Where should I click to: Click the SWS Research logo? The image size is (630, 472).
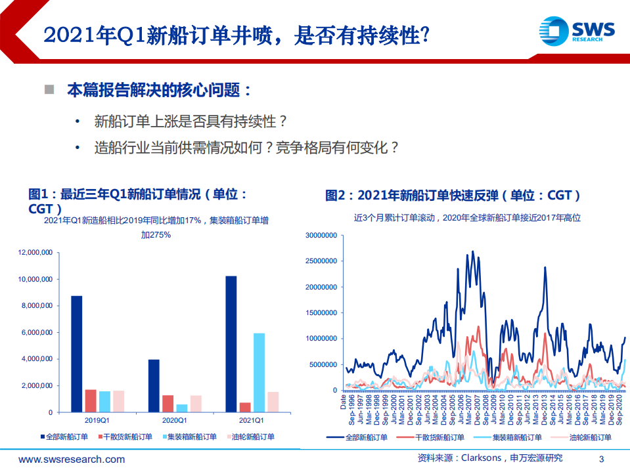577,30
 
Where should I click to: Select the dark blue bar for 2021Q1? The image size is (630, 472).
231,344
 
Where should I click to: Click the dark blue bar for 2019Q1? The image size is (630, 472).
77,354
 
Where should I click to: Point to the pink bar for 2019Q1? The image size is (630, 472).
119,401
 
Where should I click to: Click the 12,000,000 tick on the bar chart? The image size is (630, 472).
35,252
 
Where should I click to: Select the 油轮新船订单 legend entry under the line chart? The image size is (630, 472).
589,437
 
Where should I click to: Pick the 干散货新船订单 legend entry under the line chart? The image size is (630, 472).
440,437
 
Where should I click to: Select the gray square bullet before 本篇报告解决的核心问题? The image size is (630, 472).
49,89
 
